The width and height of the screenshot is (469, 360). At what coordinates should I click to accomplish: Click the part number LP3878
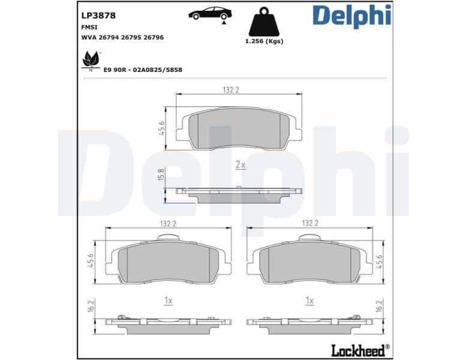(98, 16)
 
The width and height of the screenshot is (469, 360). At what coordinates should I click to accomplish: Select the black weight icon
(264, 22)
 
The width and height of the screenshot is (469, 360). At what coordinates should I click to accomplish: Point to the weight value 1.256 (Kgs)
(264, 41)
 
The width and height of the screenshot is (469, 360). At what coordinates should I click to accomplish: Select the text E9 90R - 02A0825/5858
(143, 70)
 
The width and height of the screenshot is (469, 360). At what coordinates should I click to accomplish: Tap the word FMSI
(89, 27)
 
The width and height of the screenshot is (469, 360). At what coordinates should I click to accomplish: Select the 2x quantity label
(240, 164)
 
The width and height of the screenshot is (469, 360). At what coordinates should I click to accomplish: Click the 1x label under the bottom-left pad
(169, 299)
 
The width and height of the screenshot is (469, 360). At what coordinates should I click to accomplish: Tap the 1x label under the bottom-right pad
(310, 299)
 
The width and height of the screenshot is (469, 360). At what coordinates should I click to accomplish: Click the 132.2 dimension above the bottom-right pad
(310, 223)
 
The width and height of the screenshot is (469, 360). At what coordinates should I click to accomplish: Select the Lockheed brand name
(357, 349)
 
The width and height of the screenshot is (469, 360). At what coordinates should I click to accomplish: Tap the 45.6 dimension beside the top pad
(161, 128)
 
